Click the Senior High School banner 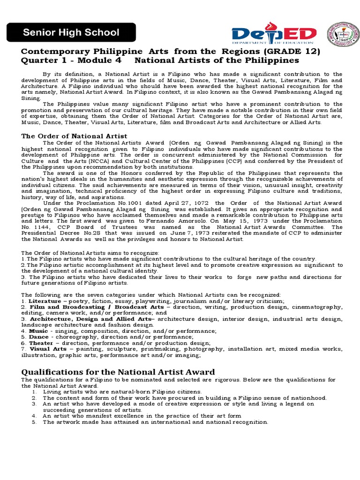(x=71, y=33)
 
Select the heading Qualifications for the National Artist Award (x=118, y=372)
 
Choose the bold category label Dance (x=38, y=337)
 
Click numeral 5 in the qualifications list (x=34, y=422)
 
